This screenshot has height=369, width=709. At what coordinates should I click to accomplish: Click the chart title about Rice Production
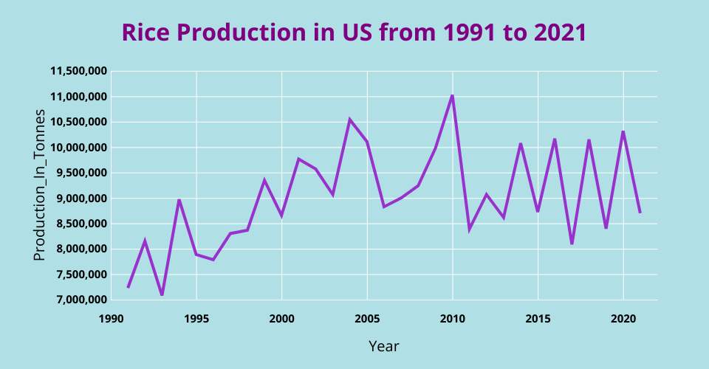click(x=354, y=33)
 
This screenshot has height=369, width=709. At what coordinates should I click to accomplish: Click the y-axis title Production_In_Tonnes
click(x=40, y=184)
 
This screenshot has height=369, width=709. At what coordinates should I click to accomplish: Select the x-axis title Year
click(x=383, y=345)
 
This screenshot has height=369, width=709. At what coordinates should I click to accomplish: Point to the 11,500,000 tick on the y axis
click(x=79, y=71)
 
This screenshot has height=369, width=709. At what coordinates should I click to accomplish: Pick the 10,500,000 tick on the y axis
click(x=79, y=122)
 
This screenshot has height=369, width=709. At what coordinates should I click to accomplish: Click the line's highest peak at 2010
click(x=452, y=95)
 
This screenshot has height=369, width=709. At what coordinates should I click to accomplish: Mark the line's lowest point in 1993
click(x=162, y=294)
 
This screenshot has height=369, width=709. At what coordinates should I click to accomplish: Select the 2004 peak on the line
click(x=350, y=120)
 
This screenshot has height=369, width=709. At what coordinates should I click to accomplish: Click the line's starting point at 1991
click(x=128, y=287)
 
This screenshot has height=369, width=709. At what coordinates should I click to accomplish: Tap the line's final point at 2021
click(x=640, y=213)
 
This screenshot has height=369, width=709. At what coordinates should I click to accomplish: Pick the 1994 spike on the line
click(x=179, y=200)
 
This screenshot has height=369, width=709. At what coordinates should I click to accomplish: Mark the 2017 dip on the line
click(x=572, y=244)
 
